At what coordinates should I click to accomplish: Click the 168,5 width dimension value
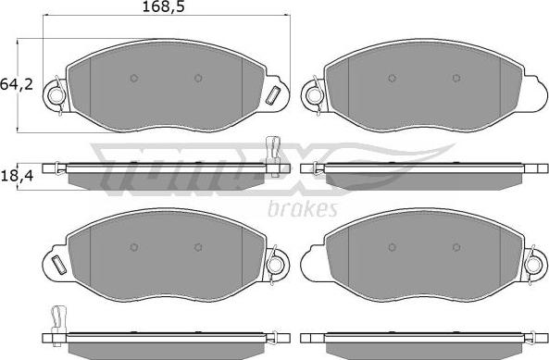tap(163, 7)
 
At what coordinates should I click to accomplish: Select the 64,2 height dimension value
tap(17, 84)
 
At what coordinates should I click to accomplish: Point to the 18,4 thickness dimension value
tap(18, 176)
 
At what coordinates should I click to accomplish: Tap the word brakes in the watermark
tap(303, 209)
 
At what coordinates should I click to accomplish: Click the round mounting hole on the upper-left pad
tap(55, 94)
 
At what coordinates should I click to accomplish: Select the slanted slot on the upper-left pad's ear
tap(273, 95)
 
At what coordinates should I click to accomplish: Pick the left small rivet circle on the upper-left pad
tap(133, 78)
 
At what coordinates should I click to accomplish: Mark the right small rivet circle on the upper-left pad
tap(198, 78)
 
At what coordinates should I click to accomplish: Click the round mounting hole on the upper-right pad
tap(313, 94)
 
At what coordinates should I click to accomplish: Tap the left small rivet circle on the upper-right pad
tap(393, 78)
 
